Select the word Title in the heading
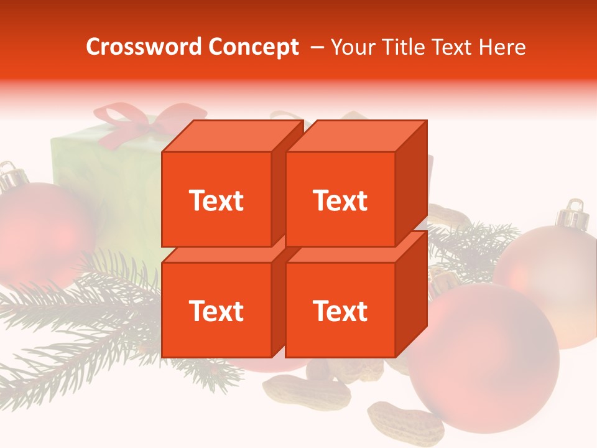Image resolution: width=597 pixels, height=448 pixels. [x=402, y=47]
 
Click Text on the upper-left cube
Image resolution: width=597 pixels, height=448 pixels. [x=216, y=200]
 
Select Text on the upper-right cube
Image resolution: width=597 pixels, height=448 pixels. [x=340, y=200]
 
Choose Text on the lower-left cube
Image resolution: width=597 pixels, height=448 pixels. [x=216, y=310]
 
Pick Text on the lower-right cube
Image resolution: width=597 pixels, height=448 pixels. [x=340, y=310]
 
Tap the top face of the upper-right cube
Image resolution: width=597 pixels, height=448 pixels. [x=356, y=136]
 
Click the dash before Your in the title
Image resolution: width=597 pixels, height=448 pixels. [x=317, y=47]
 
